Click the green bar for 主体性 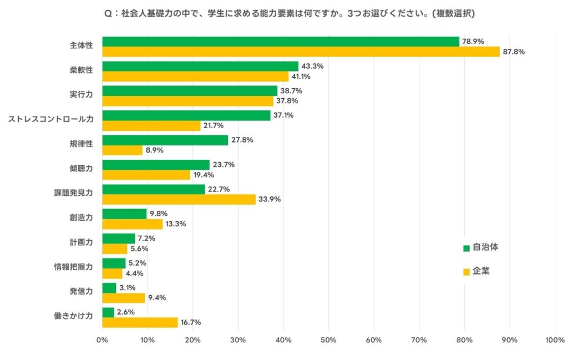(281, 42)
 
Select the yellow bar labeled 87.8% (301, 52)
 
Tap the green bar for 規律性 (165, 140)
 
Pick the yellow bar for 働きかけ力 (140, 322)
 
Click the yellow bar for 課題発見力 (179, 199)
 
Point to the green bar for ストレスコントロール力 (186, 115)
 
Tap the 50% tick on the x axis (328, 340)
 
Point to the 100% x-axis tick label (554, 340)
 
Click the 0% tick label (103, 340)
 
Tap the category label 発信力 (82, 291)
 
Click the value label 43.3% (312, 66)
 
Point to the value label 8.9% (155, 150)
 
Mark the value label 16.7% (191, 322)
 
